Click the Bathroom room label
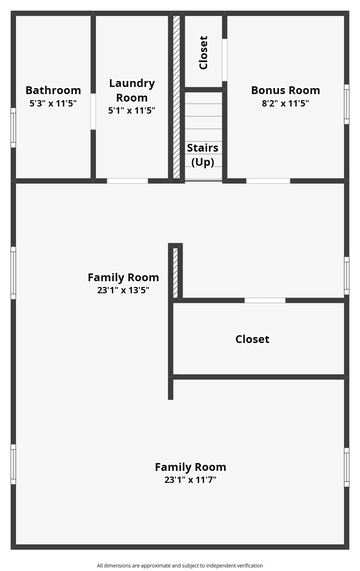53,90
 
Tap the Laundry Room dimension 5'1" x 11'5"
131,110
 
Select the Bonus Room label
285,90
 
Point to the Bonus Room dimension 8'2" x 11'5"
285,103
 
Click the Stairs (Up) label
203,155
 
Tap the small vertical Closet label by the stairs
203,53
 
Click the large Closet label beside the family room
252,339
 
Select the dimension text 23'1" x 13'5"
123,290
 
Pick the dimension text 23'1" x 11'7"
190,480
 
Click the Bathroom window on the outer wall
13,127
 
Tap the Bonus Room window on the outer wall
346,104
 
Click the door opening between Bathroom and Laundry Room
93,112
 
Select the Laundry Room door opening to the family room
127,181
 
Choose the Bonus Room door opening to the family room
268,181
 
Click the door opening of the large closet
265,300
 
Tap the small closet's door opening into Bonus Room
225,60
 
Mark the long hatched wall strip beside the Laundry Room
177,97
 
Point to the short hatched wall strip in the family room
175,273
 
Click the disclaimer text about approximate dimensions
180,566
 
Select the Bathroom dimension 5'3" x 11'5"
53,103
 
